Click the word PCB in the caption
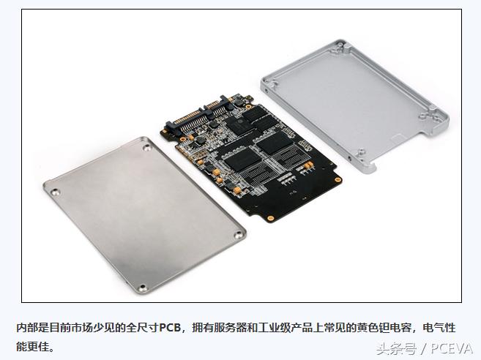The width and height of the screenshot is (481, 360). coord(170,328)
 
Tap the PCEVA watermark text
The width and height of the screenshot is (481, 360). coord(452,348)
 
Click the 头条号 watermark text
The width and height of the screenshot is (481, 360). coord(396,349)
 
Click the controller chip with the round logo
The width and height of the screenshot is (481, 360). coord(239,125)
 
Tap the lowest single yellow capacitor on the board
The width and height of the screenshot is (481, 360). coord(236,191)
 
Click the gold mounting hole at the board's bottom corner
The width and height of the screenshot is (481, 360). coord(270,218)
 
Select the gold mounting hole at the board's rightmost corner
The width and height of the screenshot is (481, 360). coord(338,180)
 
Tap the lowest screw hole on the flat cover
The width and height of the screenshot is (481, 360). coord(142,288)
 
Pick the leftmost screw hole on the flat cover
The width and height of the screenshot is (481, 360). coord(55,192)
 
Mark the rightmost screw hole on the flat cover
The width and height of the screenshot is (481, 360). coord(238,235)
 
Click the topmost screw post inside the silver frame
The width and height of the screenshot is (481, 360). coord(340,47)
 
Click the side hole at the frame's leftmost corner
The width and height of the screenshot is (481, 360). coord(266,90)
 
